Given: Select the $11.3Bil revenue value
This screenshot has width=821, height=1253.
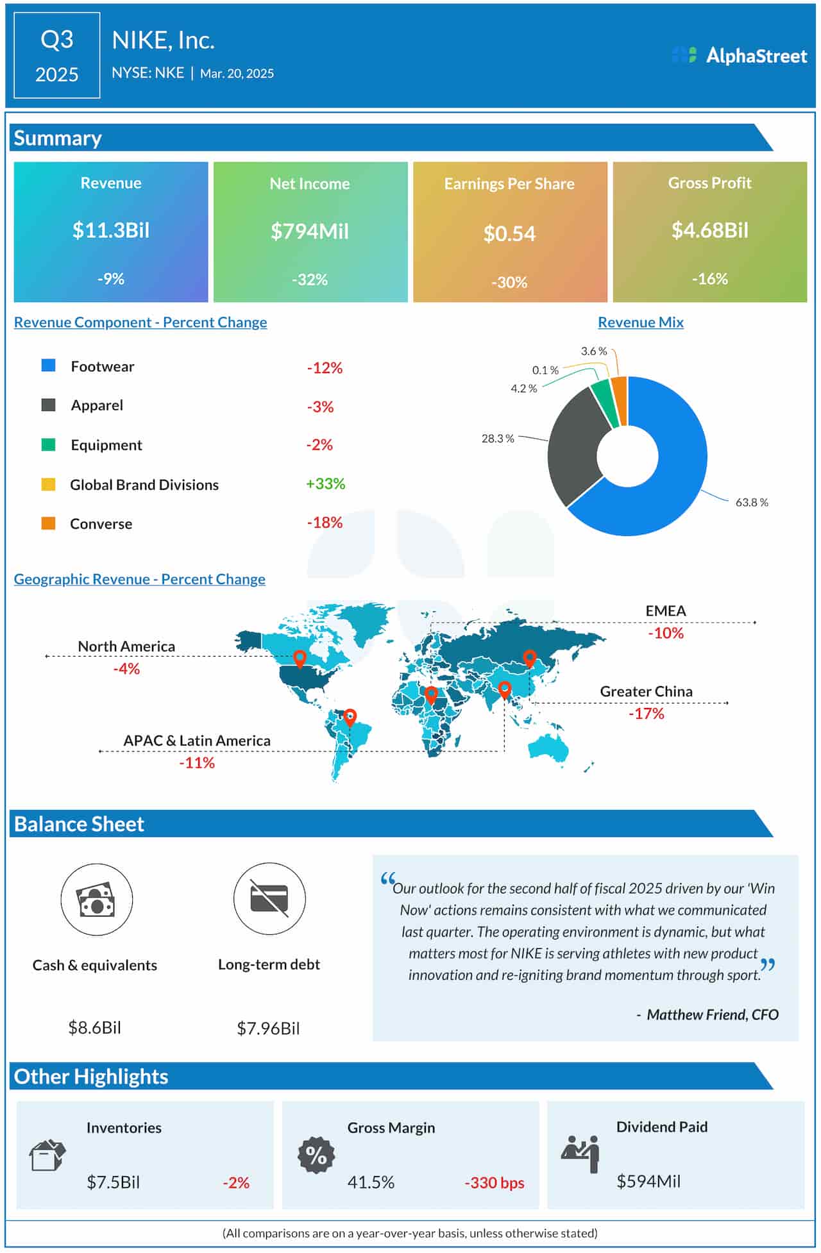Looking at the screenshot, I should pos(111,230).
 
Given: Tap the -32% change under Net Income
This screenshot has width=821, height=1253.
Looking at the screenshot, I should pos(310,280).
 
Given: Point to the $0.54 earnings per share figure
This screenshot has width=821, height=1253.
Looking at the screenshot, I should pos(509,233).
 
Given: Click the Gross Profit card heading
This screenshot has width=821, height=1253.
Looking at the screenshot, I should pos(709,183).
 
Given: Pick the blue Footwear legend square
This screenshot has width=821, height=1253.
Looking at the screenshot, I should pos(48,366).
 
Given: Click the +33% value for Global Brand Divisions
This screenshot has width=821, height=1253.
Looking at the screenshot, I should pos(325,484).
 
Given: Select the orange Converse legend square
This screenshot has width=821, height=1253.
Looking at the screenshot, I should pos(48,523).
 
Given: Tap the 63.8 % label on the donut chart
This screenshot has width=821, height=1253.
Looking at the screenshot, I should pos(751,502).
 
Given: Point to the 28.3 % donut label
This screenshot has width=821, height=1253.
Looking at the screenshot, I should pos(498,439).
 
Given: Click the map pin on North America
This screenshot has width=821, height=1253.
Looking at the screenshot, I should pos(300,658).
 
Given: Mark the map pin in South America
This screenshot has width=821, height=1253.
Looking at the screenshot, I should pos(350,717).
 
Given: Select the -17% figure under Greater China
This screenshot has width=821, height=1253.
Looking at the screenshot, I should pos(646,714).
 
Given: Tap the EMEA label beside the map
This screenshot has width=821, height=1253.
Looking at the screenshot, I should pos(665,610).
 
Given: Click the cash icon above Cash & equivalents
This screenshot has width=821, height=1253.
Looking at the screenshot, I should pos(96,899).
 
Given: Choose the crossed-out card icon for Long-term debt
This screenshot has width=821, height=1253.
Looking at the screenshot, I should pos(269,898).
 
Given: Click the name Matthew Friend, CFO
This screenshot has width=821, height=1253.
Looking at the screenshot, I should pos(712,1014).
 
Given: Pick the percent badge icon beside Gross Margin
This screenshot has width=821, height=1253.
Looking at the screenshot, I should pos(316,1155).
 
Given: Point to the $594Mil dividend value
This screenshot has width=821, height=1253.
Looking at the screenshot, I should pos(648,1181).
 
